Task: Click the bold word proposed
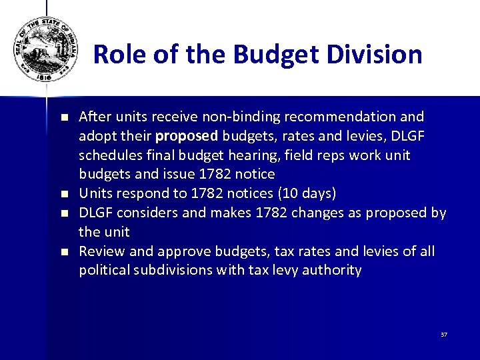pyautogui.click(x=186, y=136)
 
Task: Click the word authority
pyautogui.click(x=333, y=271)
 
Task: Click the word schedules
pyautogui.click(x=107, y=155)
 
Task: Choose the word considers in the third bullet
pyautogui.click(x=144, y=213)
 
